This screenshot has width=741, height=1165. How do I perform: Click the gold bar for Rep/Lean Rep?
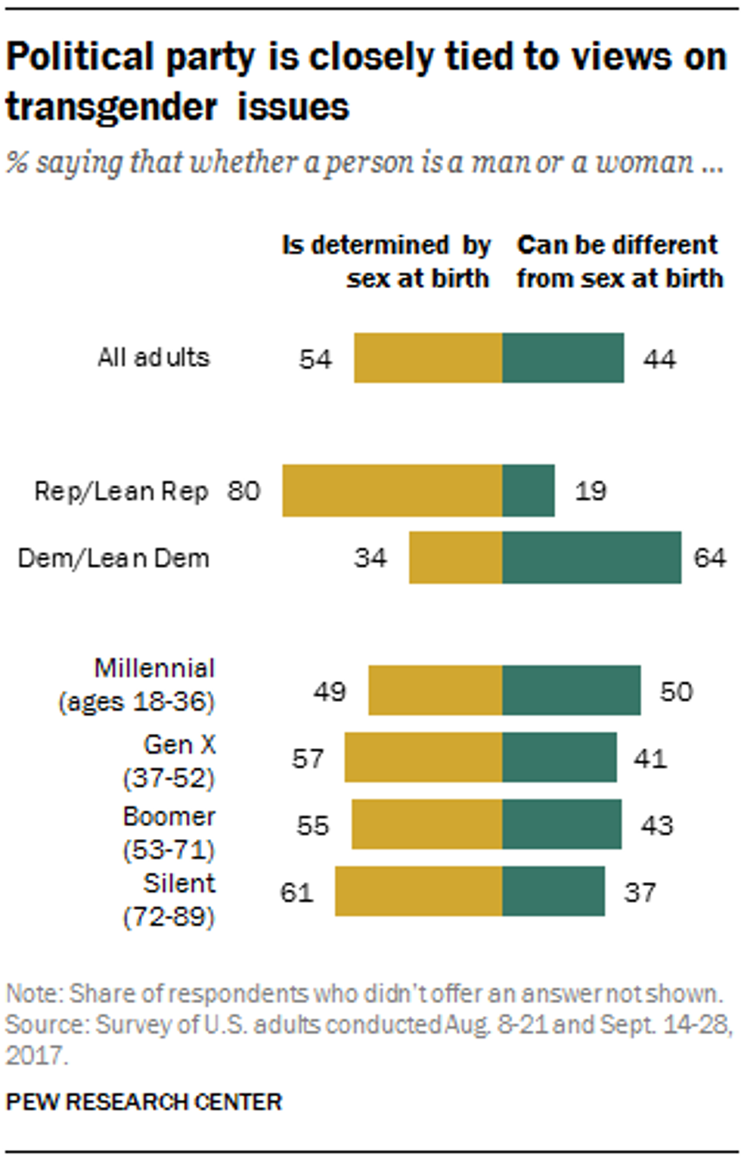[x=392, y=491]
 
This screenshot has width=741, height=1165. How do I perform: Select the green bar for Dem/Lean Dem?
[x=591, y=558]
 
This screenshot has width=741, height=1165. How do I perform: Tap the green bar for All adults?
[x=563, y=358]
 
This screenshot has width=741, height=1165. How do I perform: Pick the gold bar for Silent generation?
[x=418, y=891]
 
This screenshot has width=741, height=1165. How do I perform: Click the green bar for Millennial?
[x=571, y=691]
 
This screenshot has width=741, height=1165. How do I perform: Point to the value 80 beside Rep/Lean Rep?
[x=244, y=491]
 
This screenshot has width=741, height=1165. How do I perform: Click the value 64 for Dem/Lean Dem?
[x=709, y=558]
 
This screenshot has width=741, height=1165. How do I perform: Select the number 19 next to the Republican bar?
[x=591, y=491]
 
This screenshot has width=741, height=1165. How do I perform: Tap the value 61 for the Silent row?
[x=296, y=893]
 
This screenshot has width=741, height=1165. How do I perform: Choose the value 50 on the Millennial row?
[x=676, y=691]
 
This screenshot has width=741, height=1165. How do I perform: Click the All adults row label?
[x=153, y=357]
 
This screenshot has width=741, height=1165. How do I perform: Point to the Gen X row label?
[x=179, y=745]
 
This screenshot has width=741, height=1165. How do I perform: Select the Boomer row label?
[x=169, y=817]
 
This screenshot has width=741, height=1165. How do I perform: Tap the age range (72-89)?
[x=169, y=917]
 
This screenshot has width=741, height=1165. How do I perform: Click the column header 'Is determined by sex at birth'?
[x=386, y=262]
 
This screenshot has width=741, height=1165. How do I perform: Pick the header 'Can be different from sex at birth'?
[x=619, y=262]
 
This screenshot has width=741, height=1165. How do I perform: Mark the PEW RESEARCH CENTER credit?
[x=144, y=1101]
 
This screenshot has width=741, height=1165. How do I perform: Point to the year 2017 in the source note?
[x=36, y=1055]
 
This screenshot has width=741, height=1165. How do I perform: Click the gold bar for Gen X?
[x=423, y=757]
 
